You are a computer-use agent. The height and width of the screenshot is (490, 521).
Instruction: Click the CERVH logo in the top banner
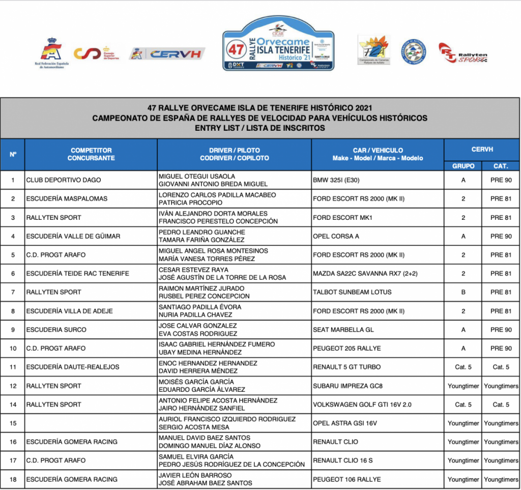click(168, 53)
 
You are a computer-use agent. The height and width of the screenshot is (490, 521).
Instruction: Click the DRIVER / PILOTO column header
click(234, 154)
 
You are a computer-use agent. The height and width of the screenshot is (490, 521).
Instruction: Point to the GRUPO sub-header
click(463, 166)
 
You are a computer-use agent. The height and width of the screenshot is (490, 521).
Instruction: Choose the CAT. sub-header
click(501, 166)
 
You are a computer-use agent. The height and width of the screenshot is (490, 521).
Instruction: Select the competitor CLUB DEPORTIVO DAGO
click(64, 180)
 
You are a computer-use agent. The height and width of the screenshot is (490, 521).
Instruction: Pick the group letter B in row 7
click(463, 292)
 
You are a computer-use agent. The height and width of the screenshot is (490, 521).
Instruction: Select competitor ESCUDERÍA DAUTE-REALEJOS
click(72, 367)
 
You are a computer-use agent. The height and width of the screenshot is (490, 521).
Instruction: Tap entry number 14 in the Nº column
click(13, 405)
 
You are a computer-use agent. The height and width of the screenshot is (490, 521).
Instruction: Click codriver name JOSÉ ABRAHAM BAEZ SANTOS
click(206, 483)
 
